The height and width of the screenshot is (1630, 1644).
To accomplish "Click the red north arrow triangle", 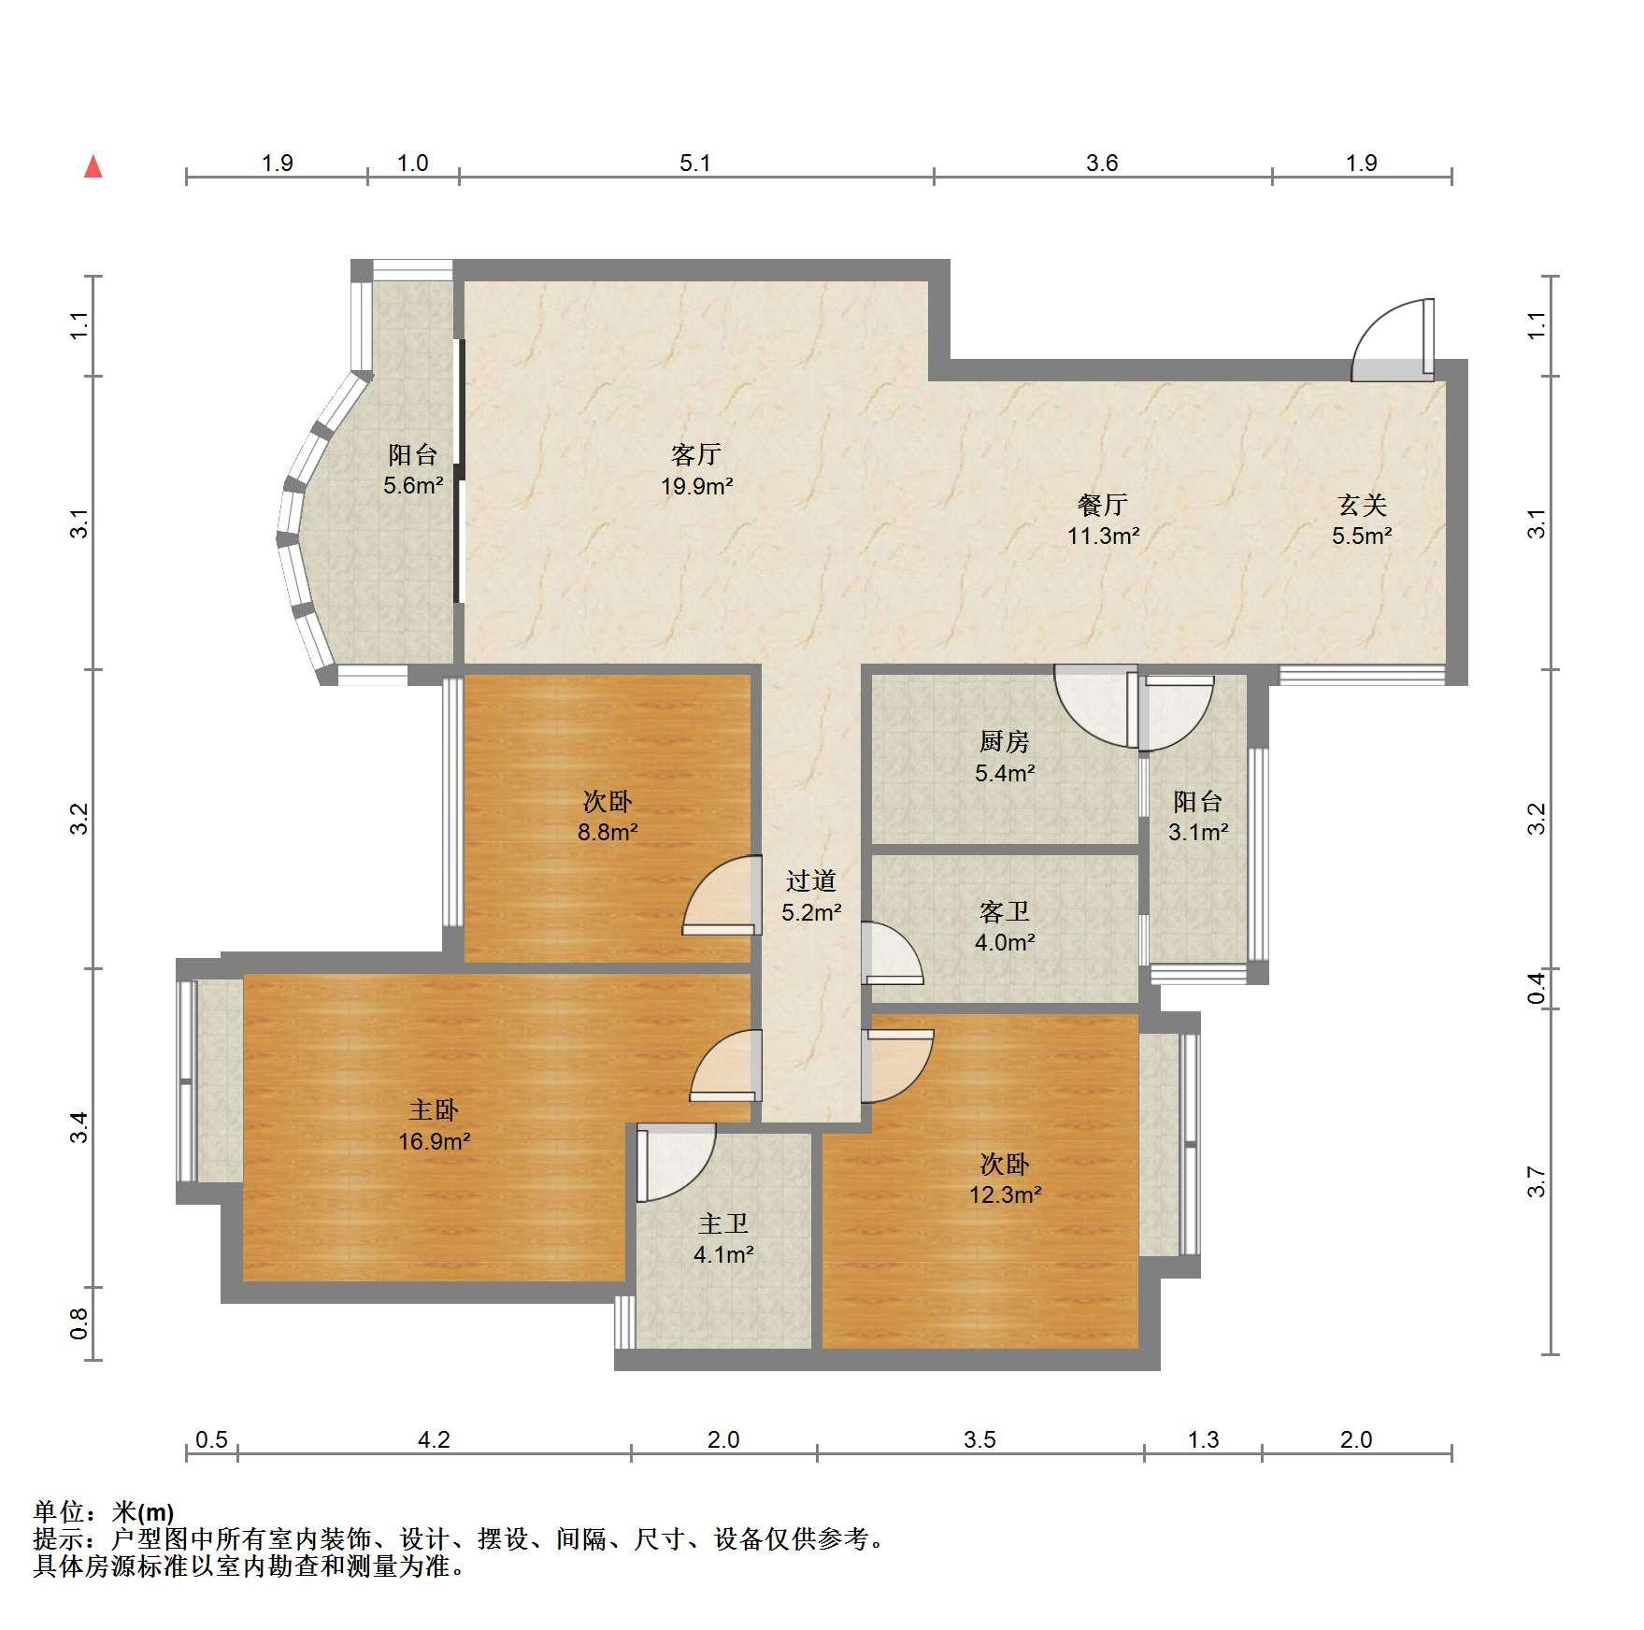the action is tap(93, 166).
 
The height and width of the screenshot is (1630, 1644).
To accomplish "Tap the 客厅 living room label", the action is tap(696, 455).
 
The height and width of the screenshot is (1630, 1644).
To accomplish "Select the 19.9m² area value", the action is tap(697, 486).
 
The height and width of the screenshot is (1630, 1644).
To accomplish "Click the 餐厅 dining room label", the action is tap(1103, 506).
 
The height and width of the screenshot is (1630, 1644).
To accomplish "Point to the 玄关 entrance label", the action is tap(1362, 506).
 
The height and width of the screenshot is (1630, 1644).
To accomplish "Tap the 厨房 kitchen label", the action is tap(1005, 742).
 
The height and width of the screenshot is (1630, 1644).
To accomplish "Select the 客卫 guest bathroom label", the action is tap(1005, 911).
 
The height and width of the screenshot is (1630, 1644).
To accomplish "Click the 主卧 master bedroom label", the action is tap(434, 1110).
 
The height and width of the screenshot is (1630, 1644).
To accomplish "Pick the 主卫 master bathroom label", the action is tap(723, 1223).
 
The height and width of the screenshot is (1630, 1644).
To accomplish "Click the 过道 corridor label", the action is tap(811, 881).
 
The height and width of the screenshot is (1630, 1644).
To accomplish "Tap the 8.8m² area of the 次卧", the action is tap(608, 832).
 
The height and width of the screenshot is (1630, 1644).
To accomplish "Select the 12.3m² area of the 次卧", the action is tap(1006, 1194).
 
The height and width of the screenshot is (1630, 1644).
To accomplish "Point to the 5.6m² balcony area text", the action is tap(413, 486).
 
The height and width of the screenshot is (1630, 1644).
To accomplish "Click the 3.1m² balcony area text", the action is tap(1198, 832).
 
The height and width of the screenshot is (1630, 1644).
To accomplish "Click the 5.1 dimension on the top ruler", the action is tap(695, 164).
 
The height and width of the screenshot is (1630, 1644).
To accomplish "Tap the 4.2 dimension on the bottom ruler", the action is tap(434, 1439).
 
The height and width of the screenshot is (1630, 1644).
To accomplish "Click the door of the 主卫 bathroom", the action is tap(675, 1163).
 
